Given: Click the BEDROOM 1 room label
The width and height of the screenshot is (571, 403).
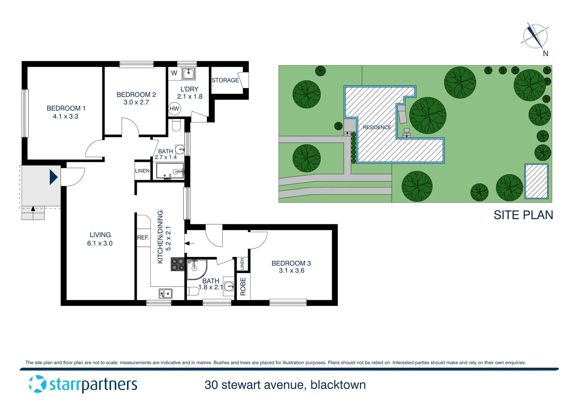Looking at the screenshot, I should [x=66, y=108].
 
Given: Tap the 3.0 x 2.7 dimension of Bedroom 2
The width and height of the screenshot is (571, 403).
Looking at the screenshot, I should [x=136, y=102].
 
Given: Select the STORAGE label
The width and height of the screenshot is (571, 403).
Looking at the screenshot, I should [x=225, y=80].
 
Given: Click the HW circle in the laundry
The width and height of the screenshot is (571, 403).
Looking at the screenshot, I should [x=174, y=109].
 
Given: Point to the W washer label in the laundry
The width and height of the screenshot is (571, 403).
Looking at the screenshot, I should [x=174, y=73].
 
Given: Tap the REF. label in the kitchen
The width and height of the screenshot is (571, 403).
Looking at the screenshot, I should [x=143, y=237].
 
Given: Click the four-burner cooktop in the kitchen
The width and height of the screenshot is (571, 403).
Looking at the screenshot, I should [x=178, y=265].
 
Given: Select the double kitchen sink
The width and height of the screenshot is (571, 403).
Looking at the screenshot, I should [x=166, y=294].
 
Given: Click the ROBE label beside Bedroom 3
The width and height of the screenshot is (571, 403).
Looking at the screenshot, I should [x=243, y=286].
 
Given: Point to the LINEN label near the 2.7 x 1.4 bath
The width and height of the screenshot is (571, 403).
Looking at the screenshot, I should [x=142, y=171].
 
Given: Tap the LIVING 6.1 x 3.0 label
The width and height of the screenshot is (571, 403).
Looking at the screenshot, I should [x=100, y=239].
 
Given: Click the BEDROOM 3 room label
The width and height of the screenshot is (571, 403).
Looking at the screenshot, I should [x=291, y=263].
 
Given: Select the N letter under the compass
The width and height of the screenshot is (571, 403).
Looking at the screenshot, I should [x=545, y=54].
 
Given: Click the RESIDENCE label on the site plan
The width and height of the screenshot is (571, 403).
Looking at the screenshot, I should [x=377, y=127].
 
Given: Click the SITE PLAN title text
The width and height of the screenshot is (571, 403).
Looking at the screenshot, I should [x=523, y=215].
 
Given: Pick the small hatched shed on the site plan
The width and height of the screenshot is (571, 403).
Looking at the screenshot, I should [x=536, y=181].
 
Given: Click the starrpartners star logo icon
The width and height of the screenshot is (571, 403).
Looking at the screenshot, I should [x=37, y=384].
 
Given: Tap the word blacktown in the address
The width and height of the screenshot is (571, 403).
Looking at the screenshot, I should [x=338, y=385].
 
